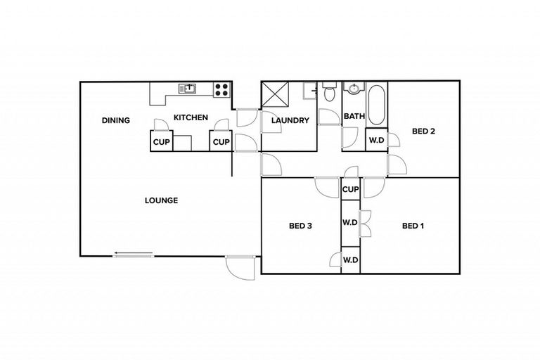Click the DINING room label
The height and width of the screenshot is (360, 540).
(115, 120)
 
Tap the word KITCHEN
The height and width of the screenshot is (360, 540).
(191, 117)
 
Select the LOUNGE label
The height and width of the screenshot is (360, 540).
(161, 200)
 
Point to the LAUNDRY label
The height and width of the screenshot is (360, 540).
(290, 120)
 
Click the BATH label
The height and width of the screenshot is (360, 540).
(354, 117)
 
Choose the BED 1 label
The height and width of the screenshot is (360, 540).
(412, 226)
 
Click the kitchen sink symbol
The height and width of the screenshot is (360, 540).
(187, 89)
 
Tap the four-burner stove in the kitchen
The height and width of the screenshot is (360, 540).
(221, 89)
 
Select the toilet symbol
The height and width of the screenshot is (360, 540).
(328, 91)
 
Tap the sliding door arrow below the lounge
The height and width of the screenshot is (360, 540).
(134, 255)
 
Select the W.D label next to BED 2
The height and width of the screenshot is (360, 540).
(377, 140)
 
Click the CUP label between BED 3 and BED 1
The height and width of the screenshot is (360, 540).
(351, 190)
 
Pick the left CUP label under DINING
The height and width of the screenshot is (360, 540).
(161, 142)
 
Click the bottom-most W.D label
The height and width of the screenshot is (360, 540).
(351, 260)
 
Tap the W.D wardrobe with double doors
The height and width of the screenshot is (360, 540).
(351, 224)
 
